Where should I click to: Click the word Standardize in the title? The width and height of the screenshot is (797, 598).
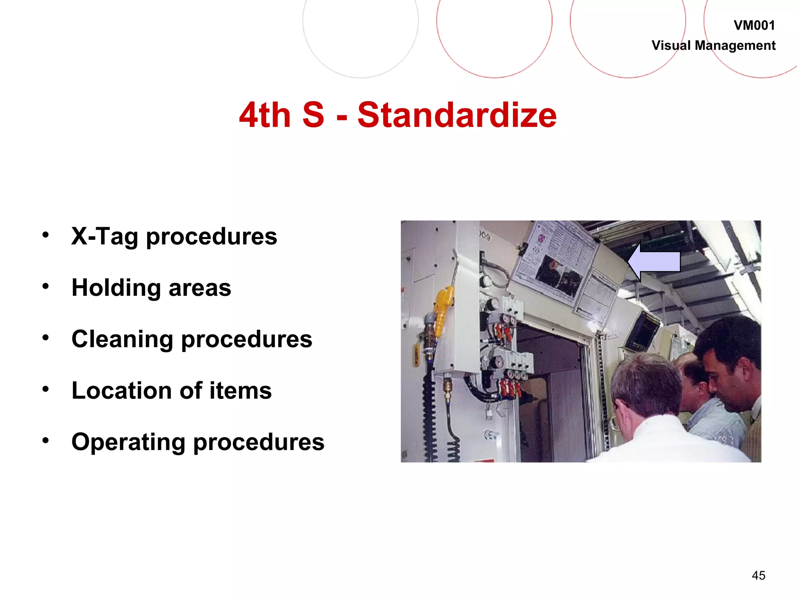coord(457,115)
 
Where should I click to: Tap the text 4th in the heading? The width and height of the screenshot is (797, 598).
coord(265,115)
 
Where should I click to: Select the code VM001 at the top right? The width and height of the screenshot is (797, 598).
coord(754,26)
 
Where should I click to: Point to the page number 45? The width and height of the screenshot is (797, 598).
coord(758,575)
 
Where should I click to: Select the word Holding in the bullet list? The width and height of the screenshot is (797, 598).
coord(116,288)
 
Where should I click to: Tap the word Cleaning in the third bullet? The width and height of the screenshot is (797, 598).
coord(122,339)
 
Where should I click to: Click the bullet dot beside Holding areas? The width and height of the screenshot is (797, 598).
coord(46,286)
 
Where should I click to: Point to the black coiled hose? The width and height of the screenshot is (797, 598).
coord(429,420)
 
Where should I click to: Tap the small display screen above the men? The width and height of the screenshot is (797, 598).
coord(642,331)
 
